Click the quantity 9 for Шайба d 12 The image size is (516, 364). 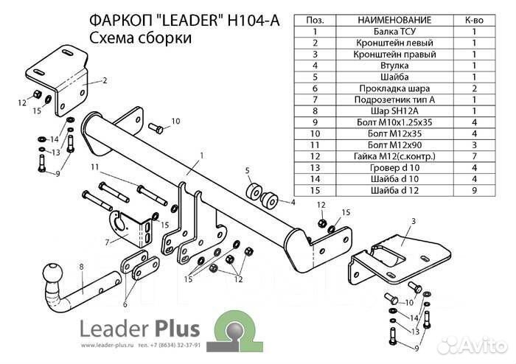[x=474, y=190]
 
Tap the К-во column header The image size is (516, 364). [x=474, y=20]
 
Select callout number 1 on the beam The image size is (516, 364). [x=200, y=155]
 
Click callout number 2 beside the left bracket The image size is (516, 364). [x=105, y=80]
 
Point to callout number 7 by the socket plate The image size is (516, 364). [x=108, y=242]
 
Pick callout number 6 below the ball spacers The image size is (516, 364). [x=125, y=303]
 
